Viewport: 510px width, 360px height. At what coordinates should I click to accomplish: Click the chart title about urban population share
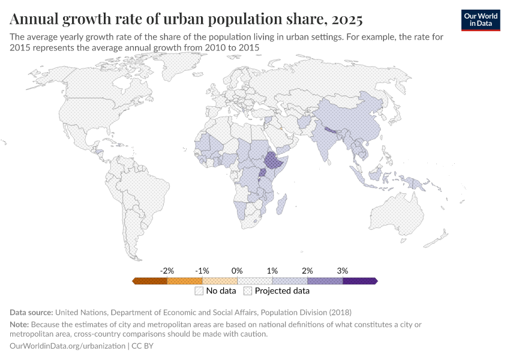[x=186, y=19]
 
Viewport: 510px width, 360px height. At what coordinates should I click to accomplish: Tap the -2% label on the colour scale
[x=167, y=271]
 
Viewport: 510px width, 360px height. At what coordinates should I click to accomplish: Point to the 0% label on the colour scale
[x=237, y=271]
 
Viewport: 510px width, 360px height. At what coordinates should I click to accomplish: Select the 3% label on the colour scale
[x=342, y=271]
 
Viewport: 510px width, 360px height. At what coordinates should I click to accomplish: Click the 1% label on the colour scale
[x=272, y=271]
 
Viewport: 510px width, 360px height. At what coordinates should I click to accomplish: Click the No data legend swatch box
[x=199, y=292]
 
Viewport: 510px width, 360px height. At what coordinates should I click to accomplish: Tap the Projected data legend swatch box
[x=248, y=292]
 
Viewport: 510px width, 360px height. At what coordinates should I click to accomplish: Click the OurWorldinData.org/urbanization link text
[x=68, y=346]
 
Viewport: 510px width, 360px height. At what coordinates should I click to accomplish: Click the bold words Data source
[x=31, y=313]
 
